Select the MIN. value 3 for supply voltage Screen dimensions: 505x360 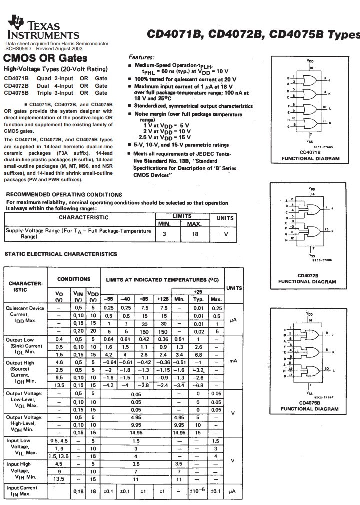[164, 233]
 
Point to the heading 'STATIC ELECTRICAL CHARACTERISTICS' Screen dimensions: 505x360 [61, 254]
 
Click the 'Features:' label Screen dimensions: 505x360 [142, 58]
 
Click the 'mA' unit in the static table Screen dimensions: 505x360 [232, 360]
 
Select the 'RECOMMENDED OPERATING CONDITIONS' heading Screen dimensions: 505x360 [63, 195]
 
